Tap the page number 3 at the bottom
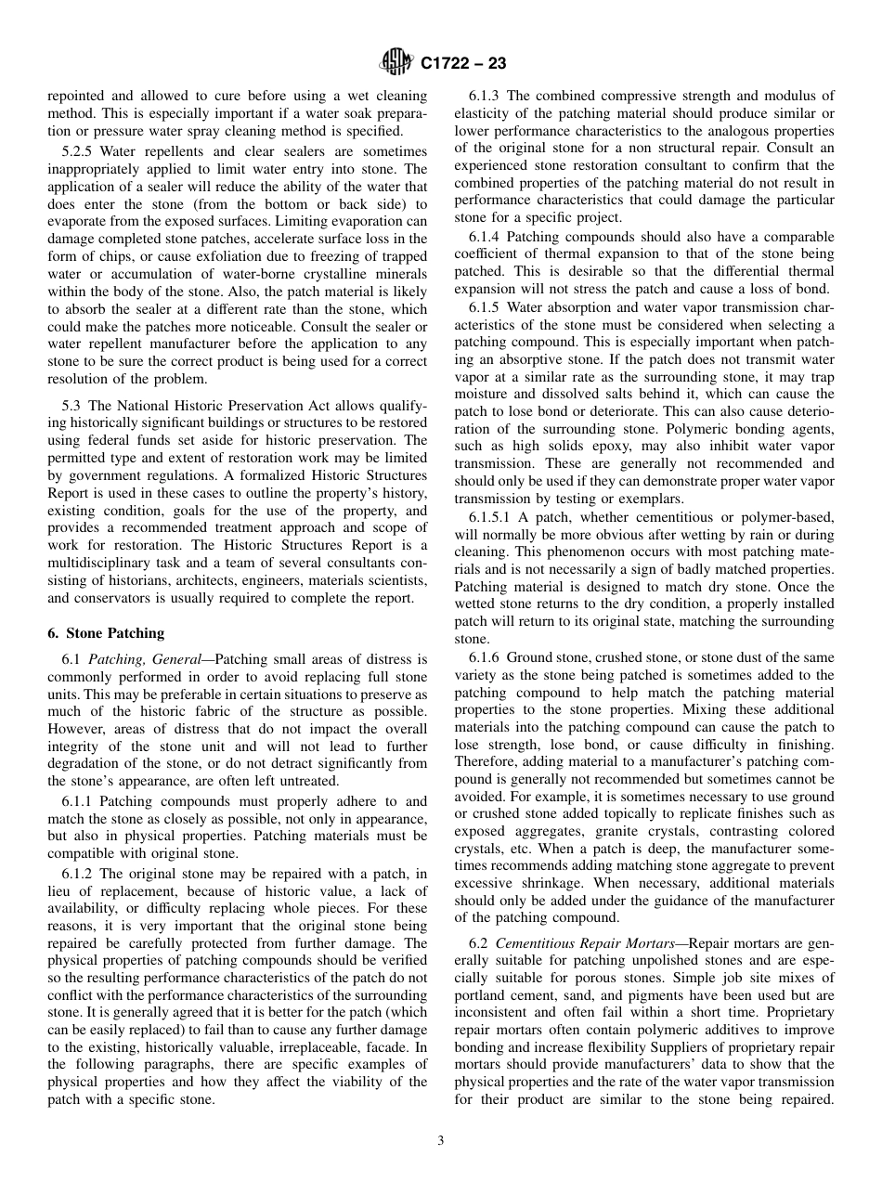(x=440, y=1141)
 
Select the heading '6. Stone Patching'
(x=106, y=633)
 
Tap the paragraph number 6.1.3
(x=485, y=96)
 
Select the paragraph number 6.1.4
(x=485, y=237)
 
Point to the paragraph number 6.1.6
(x=485, y=657)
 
